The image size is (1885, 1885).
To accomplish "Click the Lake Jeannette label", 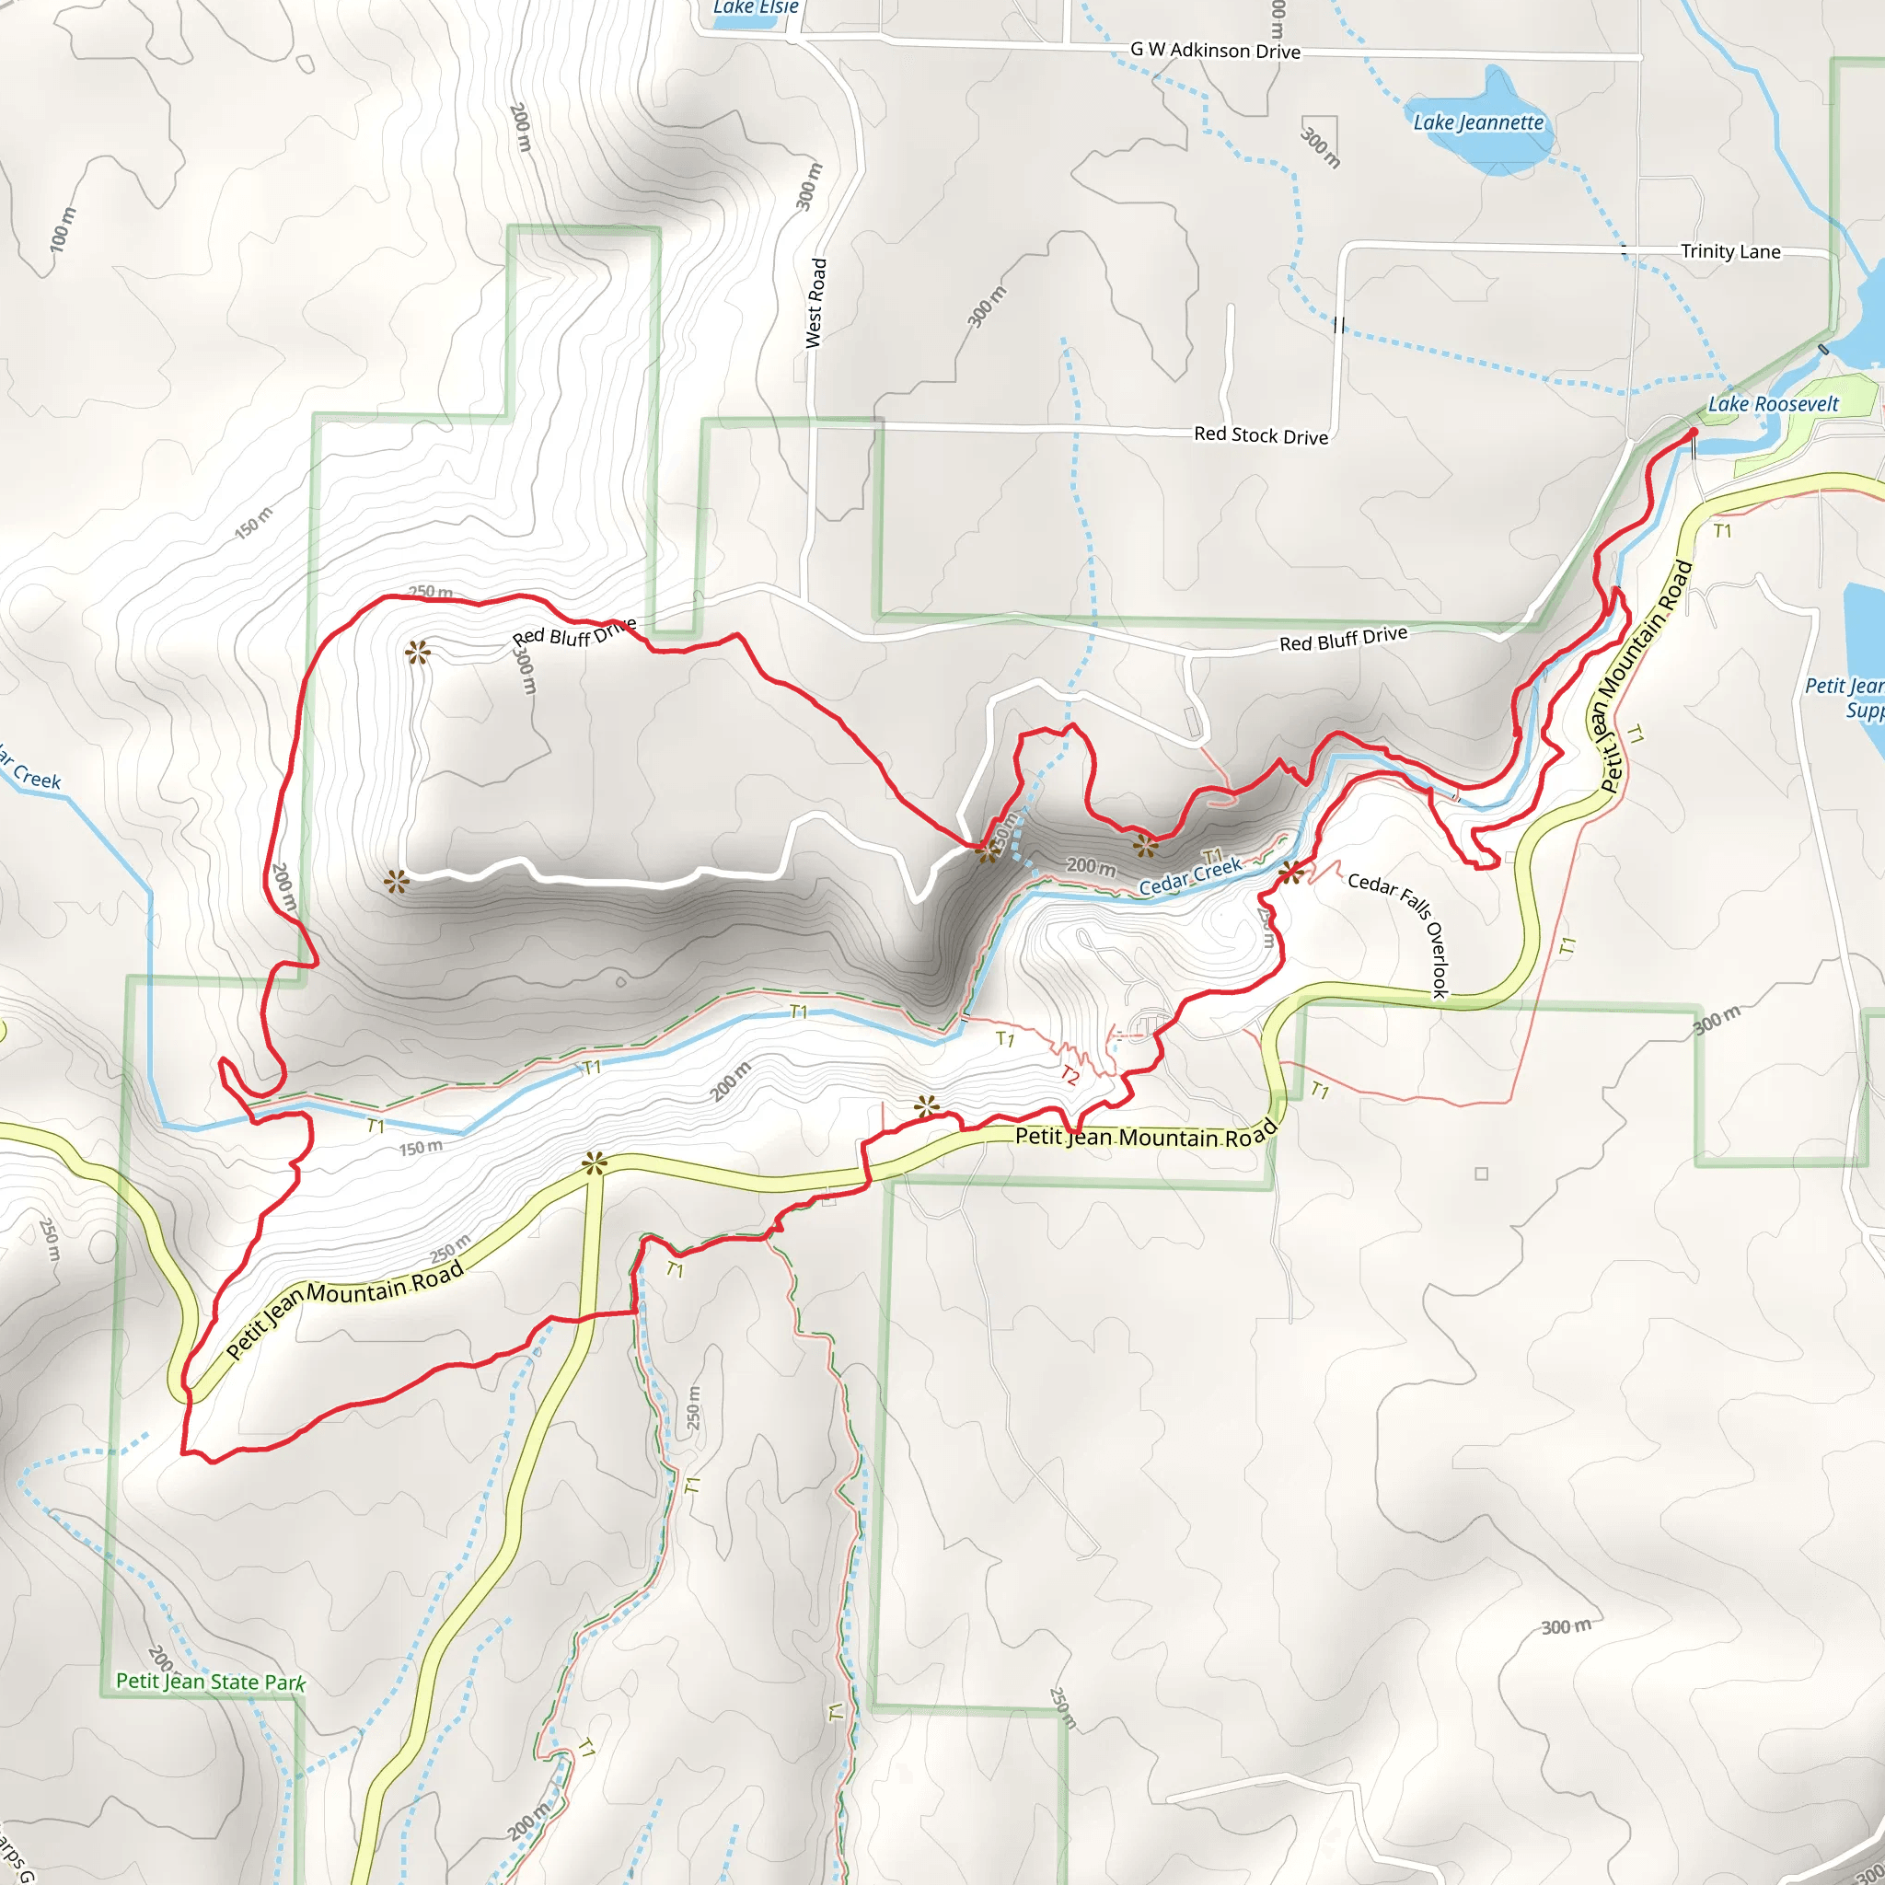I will tap(1478, 123).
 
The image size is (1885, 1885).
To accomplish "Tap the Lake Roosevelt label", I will tap(1773, 404).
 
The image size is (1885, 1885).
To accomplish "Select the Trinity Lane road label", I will tap(1729, 251).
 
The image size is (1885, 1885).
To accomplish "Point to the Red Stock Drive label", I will tap(1261, 435).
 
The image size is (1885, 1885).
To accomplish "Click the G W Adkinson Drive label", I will tap(1215, 50).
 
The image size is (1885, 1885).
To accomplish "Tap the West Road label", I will tap(815, 303).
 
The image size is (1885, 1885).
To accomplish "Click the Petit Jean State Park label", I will tap(210, 1681).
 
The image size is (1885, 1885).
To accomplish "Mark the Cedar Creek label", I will tap(1190, 876).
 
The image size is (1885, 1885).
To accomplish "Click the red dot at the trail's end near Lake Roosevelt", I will tap(1693, 432).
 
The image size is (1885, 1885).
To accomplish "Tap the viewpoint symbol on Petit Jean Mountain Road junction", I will tap(594, 1163).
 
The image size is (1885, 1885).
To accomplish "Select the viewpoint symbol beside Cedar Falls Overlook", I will tap(1289, 873).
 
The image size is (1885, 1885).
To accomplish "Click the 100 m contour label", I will tap(61, 230).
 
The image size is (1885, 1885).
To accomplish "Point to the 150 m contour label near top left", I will tap(255, 523).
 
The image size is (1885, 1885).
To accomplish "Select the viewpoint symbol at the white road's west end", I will tap(395, 883).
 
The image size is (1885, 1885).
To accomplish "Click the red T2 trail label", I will tap(1070, 1076).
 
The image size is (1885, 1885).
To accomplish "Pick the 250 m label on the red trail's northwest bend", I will tap(430, 591).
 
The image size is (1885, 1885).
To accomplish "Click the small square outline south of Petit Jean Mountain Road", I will tap(1481, 1174).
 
